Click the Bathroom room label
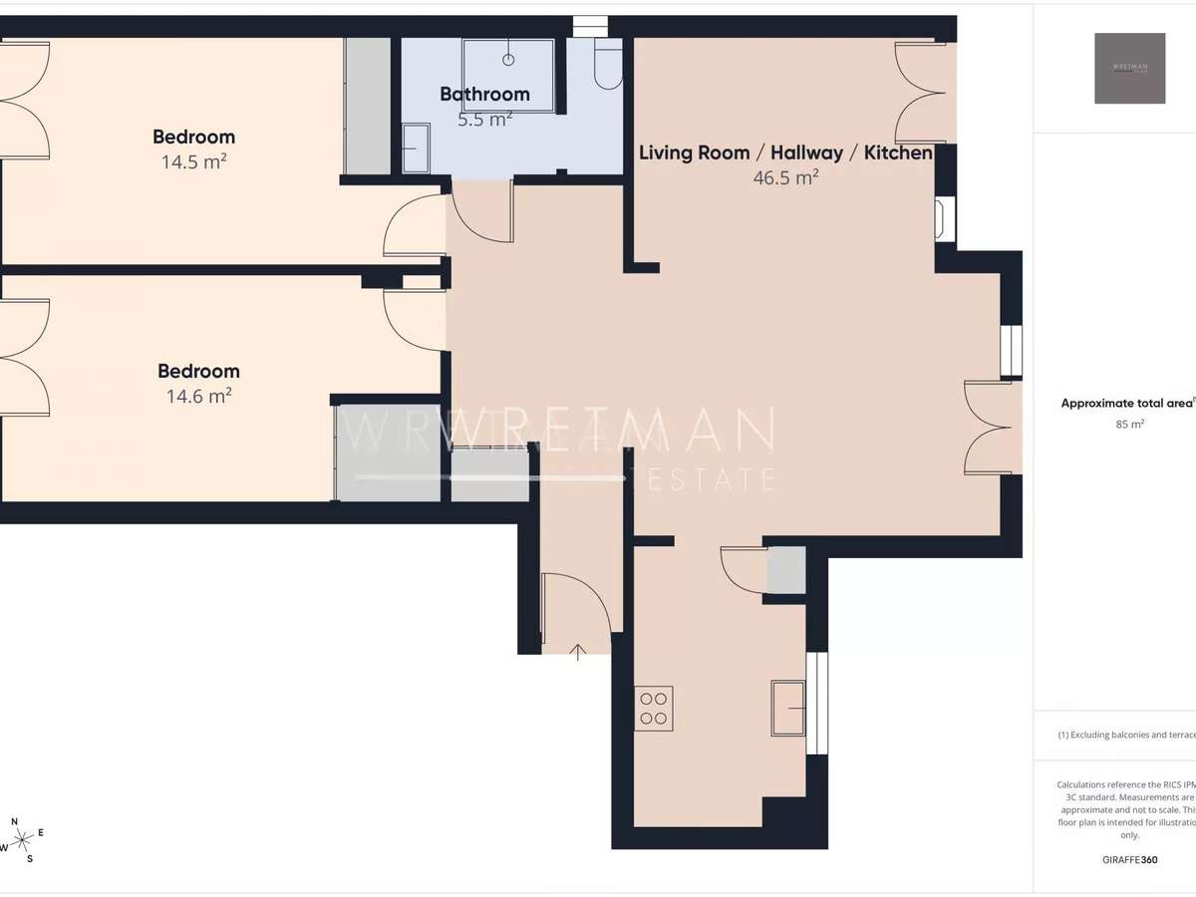coord(484,95)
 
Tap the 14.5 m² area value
coord(193,160)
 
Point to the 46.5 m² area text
coord(785,177)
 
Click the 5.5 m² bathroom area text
coord(484,119)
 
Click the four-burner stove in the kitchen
coord(654,707)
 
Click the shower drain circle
coord(508,60)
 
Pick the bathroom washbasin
coord(416,148)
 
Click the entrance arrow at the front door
coord(578,653)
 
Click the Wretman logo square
coord(1129,68)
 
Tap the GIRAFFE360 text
coord(1129,857)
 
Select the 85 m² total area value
coord(1129,424)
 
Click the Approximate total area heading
coord(1126,404)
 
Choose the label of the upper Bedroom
coord(193,137)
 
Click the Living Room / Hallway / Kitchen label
coord(785,153)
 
